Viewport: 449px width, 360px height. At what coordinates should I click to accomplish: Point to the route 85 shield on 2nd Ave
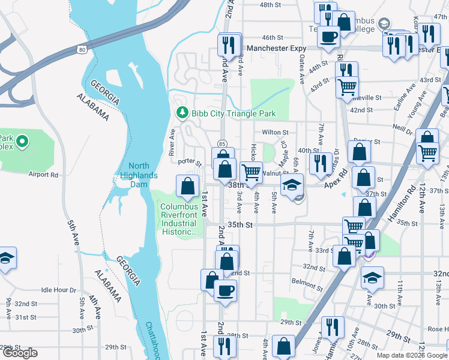222,144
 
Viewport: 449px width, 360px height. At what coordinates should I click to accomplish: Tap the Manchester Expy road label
276,49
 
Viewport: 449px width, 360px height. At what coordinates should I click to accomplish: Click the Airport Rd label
43,175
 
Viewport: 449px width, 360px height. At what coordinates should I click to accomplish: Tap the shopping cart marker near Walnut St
251,172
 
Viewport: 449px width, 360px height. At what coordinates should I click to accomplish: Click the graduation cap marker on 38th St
292,185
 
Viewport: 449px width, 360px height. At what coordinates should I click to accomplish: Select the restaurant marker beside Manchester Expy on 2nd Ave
229,44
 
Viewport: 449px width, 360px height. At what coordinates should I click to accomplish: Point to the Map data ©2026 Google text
411,355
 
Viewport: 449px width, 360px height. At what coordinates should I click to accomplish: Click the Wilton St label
275,133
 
